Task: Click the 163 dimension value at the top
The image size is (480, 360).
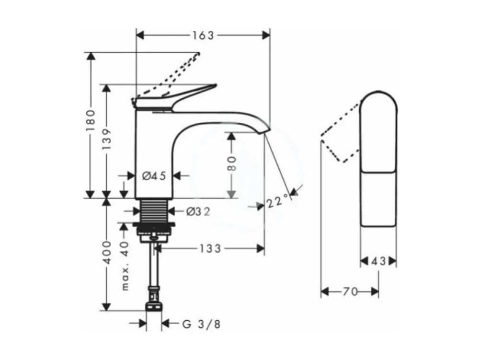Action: pyautogui.click(x=203, y=35)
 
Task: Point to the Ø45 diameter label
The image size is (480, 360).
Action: pyautogui.click(x=154, y=176)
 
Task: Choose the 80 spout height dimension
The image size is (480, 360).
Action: pyautogui.click(x=231, y=164)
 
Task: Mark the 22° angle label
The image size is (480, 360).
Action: pyautogui.click(x=278, y=202)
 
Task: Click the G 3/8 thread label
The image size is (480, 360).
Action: pyautogui.click(x=201, y=325)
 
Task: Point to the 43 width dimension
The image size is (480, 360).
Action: pyautogui.click(x=378, y=261)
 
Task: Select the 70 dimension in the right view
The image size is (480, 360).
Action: pyautogui.click(x=350, y=291)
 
